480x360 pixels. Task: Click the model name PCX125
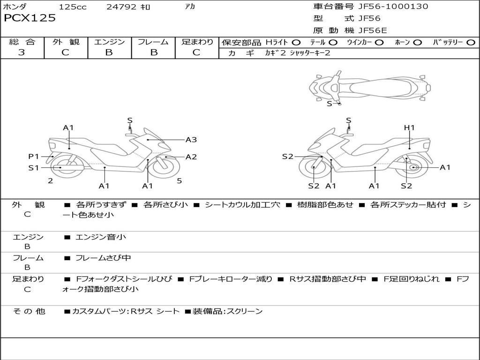30,18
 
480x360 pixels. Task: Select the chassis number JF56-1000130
386,7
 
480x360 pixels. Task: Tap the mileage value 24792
121,7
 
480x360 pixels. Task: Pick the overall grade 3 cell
22,52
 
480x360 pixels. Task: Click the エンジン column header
109,42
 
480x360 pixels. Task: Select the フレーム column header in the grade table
153,42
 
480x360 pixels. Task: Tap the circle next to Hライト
296,43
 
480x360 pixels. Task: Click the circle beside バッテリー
471,43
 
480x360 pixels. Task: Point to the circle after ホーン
418,43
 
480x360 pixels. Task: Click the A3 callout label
191,139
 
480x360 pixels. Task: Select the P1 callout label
33,156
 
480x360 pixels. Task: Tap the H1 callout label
409,127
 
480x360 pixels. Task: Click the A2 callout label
191,157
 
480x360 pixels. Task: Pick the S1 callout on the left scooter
33,167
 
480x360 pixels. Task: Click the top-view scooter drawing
370,87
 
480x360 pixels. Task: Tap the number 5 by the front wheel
179,180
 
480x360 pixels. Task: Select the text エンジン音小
100,237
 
